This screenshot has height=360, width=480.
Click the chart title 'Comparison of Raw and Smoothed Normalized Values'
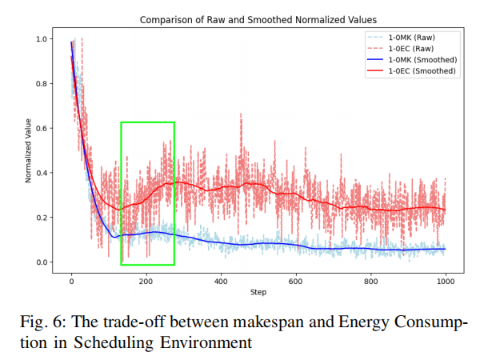point(258,20)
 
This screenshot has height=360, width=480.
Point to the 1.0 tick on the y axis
point(42,39)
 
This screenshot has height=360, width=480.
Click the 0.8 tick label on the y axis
point(42,83)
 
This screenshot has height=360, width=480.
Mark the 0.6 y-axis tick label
point(42,128)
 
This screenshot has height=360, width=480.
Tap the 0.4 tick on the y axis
point(42,173)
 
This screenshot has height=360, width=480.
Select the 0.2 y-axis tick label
point(42,218)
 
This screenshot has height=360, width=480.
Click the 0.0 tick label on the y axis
point(42,262)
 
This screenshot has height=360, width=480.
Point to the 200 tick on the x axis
point(146,282)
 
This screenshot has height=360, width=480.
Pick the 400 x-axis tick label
point(221,282)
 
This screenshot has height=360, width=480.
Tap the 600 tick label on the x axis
point(296,282)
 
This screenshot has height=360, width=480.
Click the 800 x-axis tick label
point(370,282)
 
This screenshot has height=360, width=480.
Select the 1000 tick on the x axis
point(446,282)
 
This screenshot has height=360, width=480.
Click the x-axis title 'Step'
point(258,292)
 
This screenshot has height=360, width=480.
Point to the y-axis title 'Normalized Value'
point(28,150)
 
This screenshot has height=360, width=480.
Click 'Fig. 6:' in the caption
point(43,322)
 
